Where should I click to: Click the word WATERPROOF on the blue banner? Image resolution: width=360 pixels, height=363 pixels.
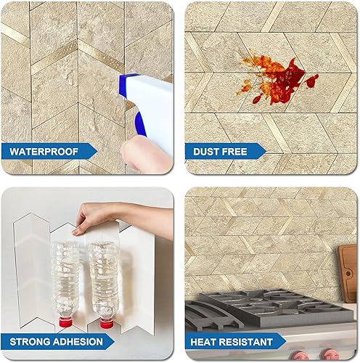[x=45, y=152]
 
